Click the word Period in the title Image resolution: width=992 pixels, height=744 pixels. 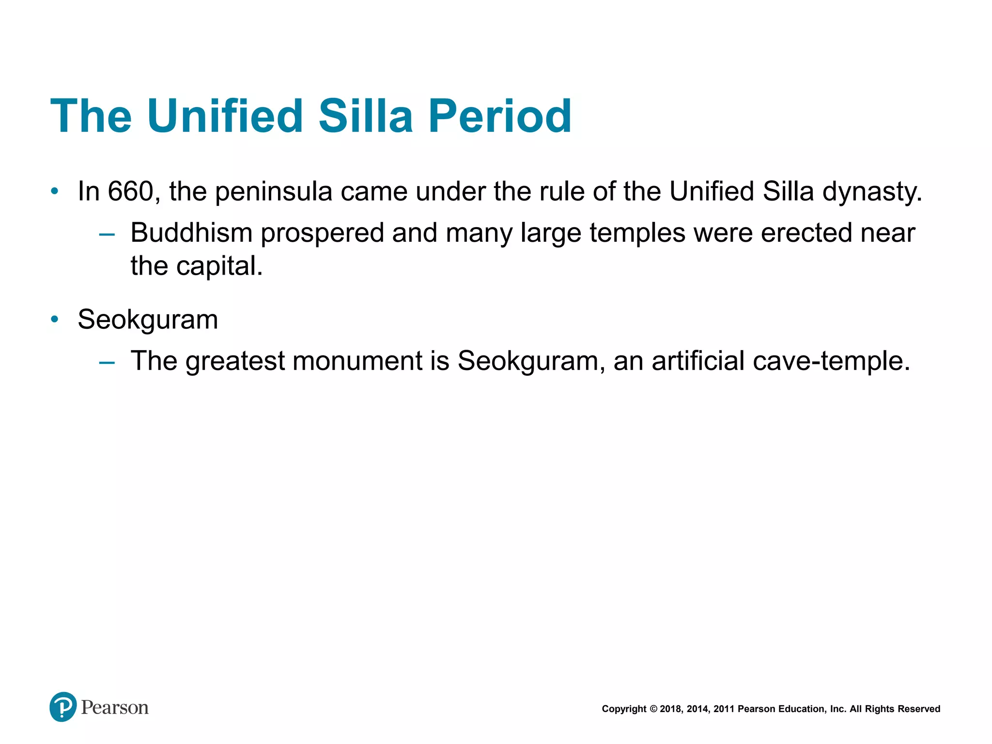point(499,116)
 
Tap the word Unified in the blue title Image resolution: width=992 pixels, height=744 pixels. point(225,116)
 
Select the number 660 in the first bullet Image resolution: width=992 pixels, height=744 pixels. point(130,191)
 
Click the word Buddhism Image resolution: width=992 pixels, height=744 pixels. point(191,233)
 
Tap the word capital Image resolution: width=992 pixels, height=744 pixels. point(219,266)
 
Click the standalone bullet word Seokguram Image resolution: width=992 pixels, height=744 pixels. point(148,320)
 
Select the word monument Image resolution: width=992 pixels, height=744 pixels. point(357,361)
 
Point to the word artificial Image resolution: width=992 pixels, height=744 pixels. point(698,361)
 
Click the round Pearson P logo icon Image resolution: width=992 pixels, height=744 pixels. point(63,707)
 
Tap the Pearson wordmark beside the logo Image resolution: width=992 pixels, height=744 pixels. point(115,708)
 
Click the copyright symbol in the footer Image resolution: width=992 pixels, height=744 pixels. point(653,709)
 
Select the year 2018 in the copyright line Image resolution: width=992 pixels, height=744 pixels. point(670,709)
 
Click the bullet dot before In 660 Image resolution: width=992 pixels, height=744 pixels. point(55,191)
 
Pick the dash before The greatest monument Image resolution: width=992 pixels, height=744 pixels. point(107,362)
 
